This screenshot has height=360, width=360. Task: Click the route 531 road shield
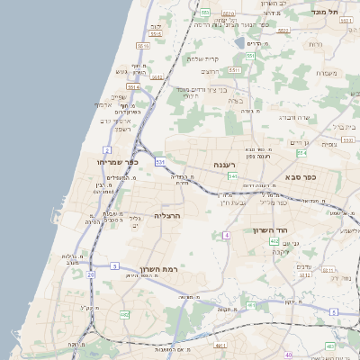(x=160, y=161)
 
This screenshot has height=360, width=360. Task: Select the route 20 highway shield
(x=90, y=274)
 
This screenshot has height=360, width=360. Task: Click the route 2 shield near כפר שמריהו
(x=107, y=149)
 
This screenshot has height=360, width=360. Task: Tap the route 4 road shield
(x=227, y=234)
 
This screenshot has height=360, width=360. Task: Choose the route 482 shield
(x=123, y=314)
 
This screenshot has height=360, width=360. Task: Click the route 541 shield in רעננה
(x=232, y=176)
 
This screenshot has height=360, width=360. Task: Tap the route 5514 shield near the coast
(x=133, y=87)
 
